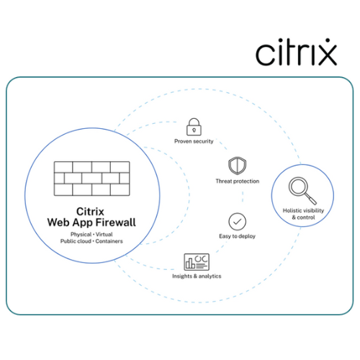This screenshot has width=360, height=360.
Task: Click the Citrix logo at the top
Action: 297,52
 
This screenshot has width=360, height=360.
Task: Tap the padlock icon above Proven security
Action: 194,127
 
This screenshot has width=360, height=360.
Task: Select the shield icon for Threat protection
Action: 237,166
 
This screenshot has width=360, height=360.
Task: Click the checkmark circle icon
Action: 237,222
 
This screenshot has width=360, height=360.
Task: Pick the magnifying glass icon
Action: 302,191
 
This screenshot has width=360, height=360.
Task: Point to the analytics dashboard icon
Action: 197,262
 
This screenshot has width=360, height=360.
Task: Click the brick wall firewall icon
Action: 92,179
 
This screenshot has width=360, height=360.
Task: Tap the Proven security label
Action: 194,141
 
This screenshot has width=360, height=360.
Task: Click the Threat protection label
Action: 238,181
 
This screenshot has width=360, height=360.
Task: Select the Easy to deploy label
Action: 237,236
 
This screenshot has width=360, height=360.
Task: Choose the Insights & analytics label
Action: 197,276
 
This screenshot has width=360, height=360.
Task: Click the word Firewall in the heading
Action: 117,222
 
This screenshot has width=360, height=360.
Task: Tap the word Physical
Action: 81,235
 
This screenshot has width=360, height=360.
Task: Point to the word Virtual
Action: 104,234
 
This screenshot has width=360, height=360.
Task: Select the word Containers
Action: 109,241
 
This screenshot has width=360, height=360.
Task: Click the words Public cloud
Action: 76,241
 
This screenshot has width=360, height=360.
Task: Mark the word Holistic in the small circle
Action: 292,210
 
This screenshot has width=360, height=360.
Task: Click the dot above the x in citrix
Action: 328,40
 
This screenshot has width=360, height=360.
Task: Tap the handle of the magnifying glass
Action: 311,199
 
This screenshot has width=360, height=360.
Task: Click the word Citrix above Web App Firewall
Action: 90,212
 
